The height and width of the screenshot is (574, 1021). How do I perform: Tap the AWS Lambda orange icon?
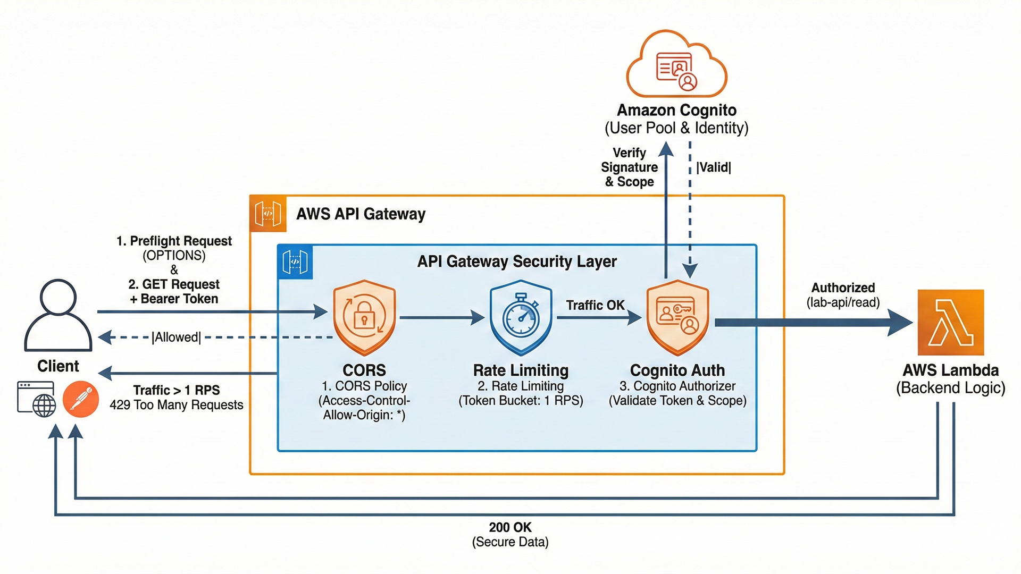click(x=951, y=322)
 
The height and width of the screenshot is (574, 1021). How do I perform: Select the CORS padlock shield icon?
click(x=364, y=317)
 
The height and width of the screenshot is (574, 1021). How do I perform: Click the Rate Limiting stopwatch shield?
click(x=521, y=317)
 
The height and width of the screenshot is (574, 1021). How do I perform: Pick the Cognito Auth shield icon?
click(x=677, y=317)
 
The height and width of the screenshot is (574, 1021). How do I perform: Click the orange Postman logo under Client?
click(x=81, y=399)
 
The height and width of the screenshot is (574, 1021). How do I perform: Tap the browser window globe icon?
click(x=37, y=399)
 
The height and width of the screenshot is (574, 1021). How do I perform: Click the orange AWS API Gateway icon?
click(x=268, y=214)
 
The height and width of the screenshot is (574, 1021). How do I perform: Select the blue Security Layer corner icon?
click(x=295, y=262)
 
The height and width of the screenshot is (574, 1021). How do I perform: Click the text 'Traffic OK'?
click(x=595, y=305)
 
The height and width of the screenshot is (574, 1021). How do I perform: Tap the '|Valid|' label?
click(x=714, y=167)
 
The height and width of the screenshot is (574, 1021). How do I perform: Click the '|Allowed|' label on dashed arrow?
click(x=177, y=337)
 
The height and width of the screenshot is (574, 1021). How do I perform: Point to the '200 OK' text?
click(x=510, y=527)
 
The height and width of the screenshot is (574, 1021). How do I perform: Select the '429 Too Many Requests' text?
click(x=177, y=405)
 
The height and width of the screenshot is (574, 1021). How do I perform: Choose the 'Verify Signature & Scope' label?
click(x=629, y=167)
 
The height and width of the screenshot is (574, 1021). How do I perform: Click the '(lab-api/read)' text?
click(x=843, y=302)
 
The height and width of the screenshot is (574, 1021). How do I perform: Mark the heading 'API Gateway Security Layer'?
click(x=517, y=261)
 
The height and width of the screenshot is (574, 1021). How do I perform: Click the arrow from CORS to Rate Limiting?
click(x=441, y=318)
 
